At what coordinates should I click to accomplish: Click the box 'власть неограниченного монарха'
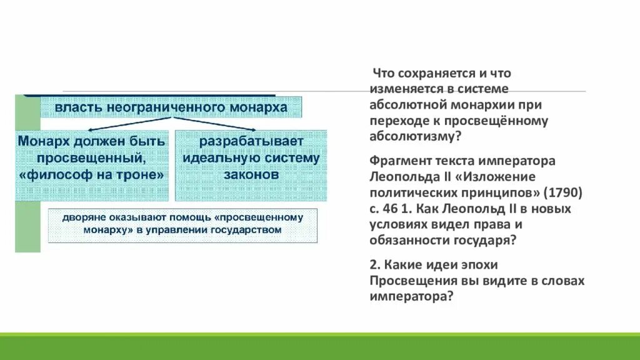click(x=171, y=107)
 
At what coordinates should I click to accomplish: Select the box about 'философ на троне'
click(x=92, y=165)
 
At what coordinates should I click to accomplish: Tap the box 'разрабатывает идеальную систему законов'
click(x=251, y=165)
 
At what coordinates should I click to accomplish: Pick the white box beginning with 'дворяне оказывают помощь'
click(x=183, y=225)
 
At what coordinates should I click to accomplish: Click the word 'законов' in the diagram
click(x=251, y=176)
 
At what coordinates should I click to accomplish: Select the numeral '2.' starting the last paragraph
click(x=375, y=264)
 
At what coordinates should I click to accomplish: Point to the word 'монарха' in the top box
click(x=262, y=107)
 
